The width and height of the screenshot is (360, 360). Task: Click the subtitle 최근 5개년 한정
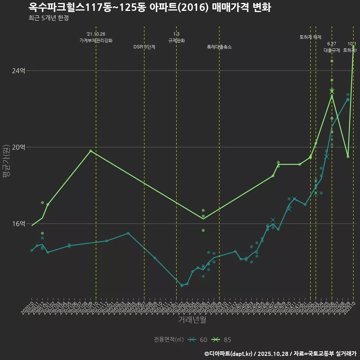[x=48, y=18]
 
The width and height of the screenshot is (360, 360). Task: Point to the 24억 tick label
[x=19, y=70]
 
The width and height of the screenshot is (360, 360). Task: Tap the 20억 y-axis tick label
[x=19, y=147]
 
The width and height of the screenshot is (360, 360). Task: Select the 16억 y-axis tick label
[x=19, y=223]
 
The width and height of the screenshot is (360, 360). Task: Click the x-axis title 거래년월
[x=192, y=319]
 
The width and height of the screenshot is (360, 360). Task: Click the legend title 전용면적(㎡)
[x=169, y=340]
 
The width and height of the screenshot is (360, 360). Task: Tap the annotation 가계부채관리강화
[x=96, y=40]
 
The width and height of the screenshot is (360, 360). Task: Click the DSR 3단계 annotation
[x=144, y=47]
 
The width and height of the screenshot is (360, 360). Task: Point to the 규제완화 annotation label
[x=176, y=40]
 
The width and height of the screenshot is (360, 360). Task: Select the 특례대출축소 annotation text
[x=219, y=47]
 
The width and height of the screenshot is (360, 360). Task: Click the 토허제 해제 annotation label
[x=310, y=37]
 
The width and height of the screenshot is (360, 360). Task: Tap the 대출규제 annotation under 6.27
[x=332, y=50]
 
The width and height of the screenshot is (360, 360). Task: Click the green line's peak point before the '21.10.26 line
[x=91, y=151]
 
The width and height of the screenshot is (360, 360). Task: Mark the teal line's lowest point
[x=182, y=285]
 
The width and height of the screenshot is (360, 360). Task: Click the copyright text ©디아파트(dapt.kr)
[x=229, y=353]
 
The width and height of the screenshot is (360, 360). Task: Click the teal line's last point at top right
[x=348, y=99]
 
